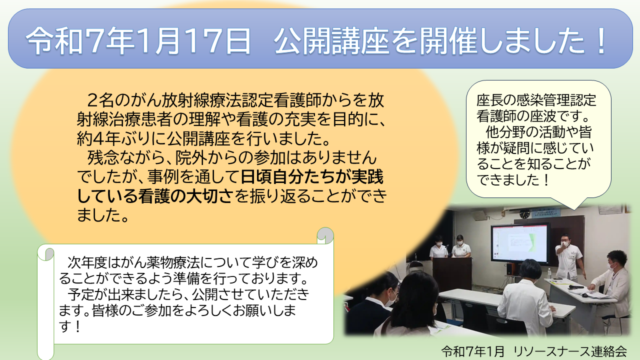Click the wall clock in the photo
[524, 214]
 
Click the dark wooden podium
[451, 275]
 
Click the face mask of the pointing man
[565, 244]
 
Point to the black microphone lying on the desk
[575, 286]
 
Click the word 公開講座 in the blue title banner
[331, 40]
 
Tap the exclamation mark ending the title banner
[600, 40]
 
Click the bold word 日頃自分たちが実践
[312, 177]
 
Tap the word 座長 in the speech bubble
[488, 100]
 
